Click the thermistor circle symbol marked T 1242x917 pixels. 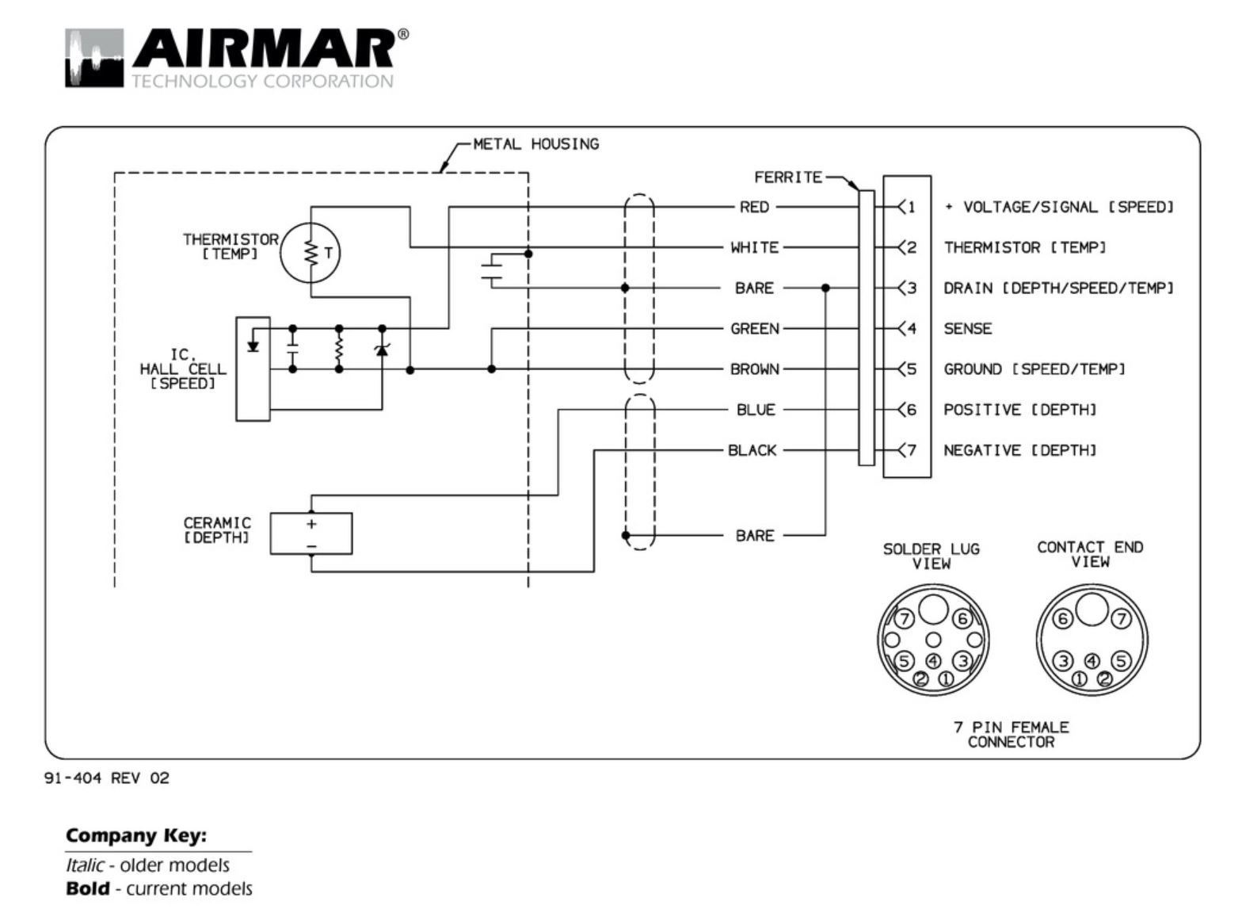pos(310,253)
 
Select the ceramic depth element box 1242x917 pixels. pos(310,533)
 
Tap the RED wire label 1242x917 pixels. pos(753,207)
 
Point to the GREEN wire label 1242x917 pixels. pos(754,328)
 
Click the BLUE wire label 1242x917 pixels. pos(755,409)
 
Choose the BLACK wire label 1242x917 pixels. pos(752,450)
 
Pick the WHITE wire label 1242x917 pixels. pos(754,247)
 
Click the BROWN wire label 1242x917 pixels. pos(754,369)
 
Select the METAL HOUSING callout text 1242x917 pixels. pos(535,144)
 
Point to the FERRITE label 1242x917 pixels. pos(787,178)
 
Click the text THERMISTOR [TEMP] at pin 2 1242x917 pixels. pos(1024,247)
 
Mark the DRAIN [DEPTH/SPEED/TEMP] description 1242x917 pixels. pos(1058,288)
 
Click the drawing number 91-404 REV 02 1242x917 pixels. pos(106,778)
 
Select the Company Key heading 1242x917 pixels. pos(135,835)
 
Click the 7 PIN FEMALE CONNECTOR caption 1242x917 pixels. pos(1011,734)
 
